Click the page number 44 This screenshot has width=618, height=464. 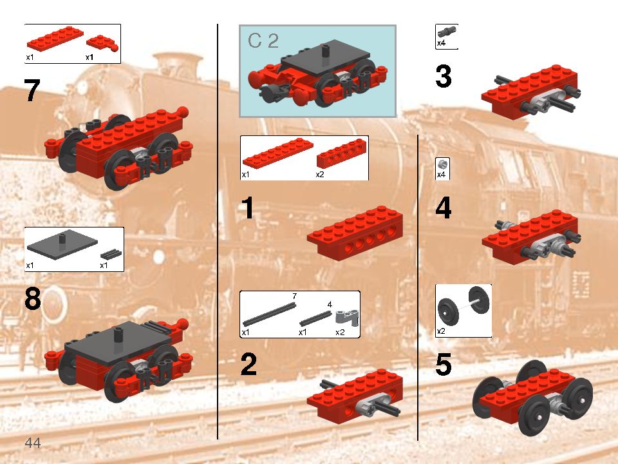(33, 443)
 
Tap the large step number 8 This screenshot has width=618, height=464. (33, 300)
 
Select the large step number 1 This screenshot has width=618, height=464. (248, 209)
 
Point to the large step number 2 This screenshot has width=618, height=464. (248, 365)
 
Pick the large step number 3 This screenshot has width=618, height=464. (444, 77)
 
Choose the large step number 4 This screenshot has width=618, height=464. (444, 209)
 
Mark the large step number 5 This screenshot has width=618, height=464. (444, 365)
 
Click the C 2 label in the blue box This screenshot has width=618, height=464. (263, 41)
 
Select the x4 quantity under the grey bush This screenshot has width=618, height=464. (442, 175)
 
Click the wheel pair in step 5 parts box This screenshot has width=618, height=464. (463, 310)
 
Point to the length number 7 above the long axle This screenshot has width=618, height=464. (294, 296)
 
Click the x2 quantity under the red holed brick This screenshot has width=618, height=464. (320, 175)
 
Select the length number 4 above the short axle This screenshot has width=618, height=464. (330, 304)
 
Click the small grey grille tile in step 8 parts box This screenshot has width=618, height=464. (111, 253)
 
